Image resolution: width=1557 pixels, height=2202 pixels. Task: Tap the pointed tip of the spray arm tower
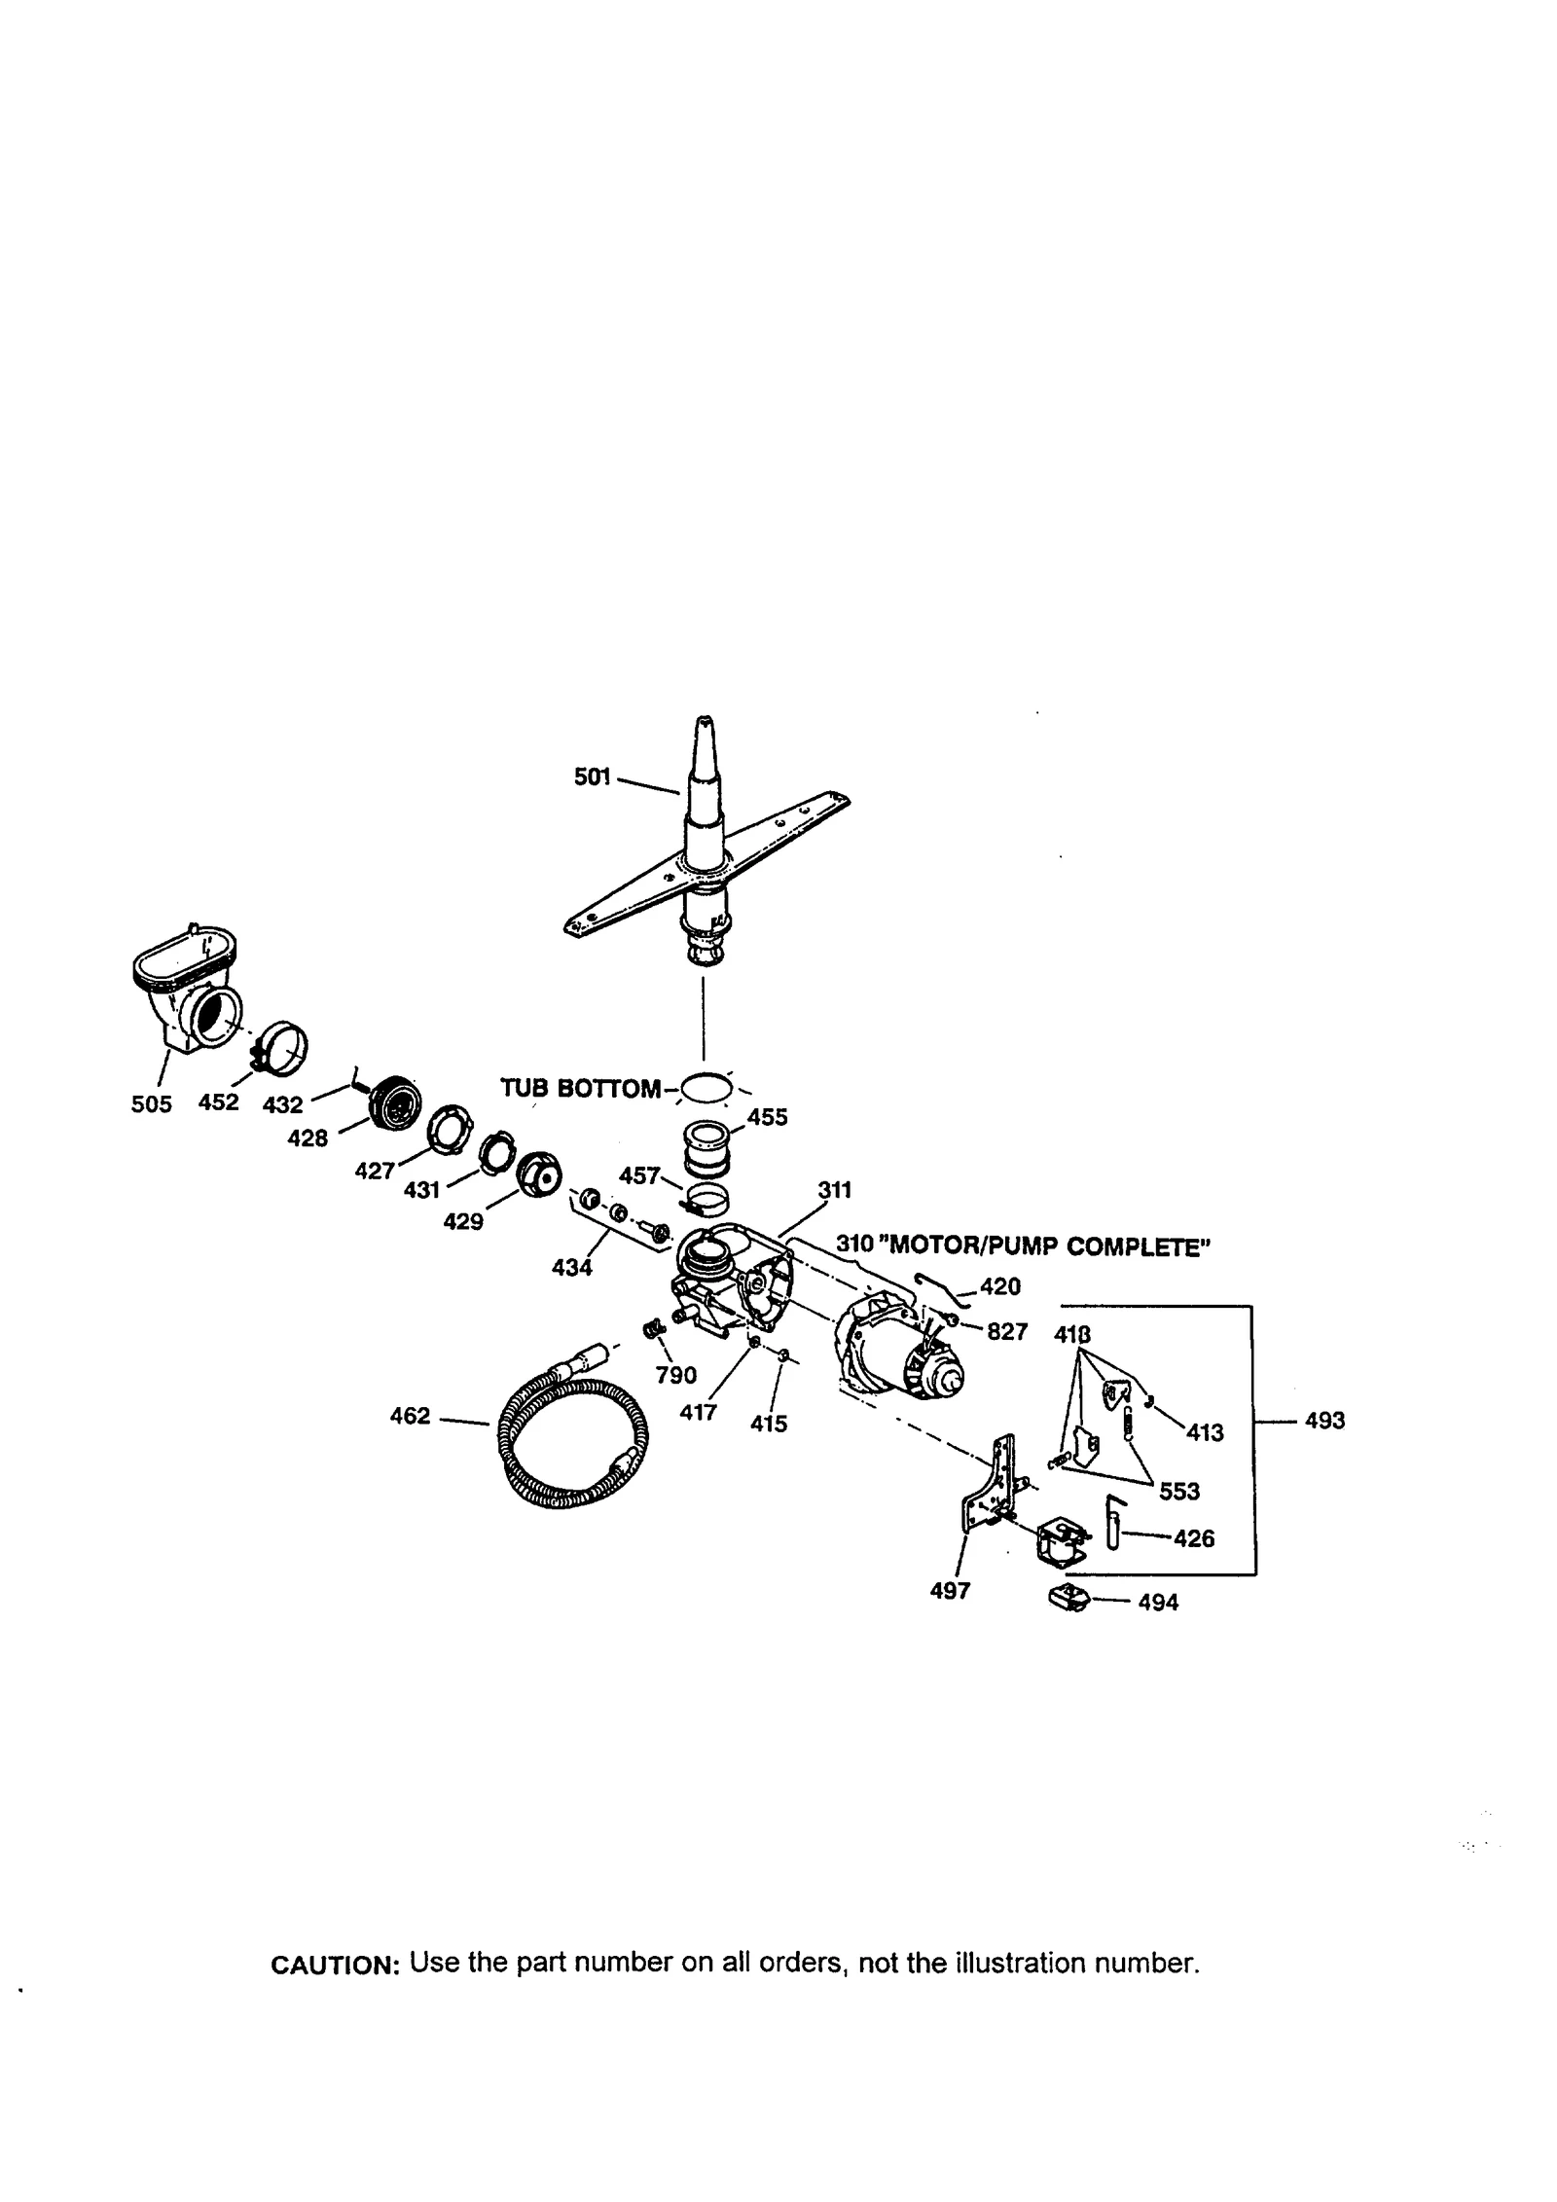[x=701, y=723]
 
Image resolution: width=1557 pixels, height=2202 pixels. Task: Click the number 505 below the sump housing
[x=151, y=1103]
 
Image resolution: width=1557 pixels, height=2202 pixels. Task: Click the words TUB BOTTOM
[x=580, y=1088]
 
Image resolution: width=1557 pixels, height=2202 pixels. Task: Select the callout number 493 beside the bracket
[x=1324, y=1421]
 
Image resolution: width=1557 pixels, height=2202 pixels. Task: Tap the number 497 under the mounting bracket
[x=950, y=1591]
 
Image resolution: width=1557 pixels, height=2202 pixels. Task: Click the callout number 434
[x=571, y=1268]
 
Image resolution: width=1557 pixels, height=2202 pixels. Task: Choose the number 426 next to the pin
[x=1194, y=1538]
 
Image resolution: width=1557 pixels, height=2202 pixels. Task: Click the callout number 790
[x=676, y=1375]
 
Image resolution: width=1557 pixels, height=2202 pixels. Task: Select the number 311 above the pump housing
[x=834, y=1189]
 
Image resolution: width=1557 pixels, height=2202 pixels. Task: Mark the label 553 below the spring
[x=1178, y=1491]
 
